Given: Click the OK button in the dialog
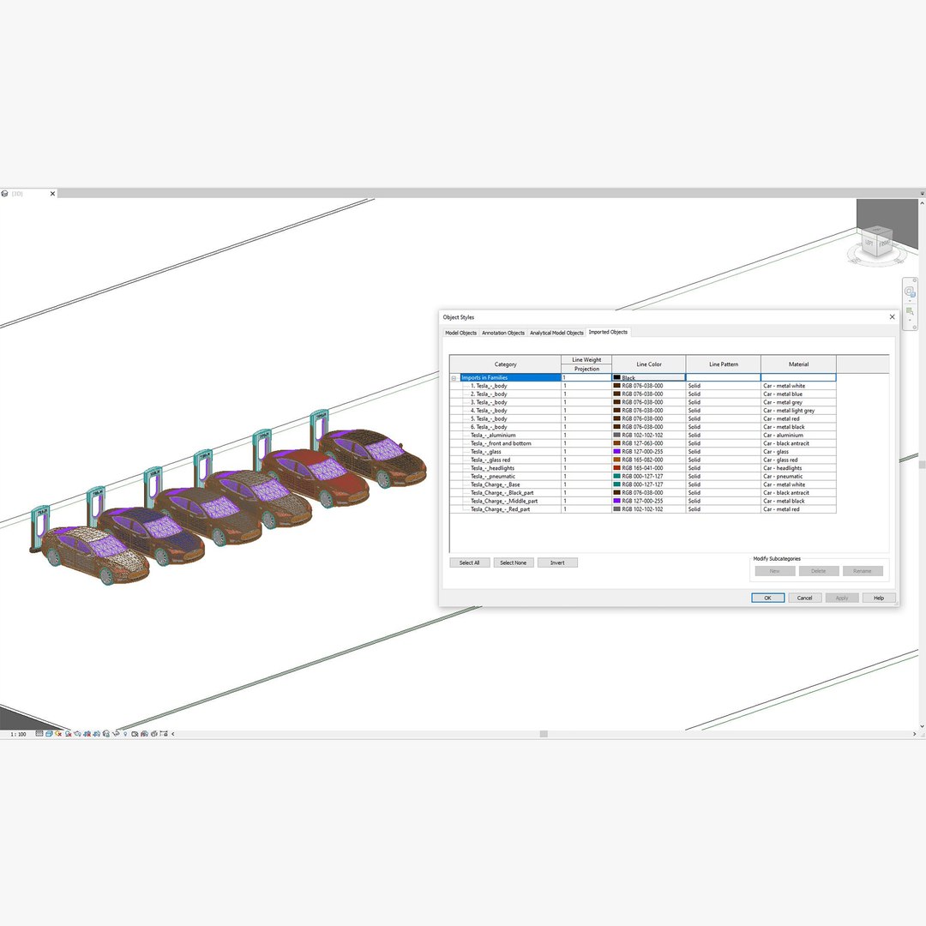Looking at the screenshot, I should [x=767, y=598].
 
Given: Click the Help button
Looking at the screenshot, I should [x=879, y=598].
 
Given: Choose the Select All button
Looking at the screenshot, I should [x=470, y=562].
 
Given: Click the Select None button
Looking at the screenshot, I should [x=513, y=562].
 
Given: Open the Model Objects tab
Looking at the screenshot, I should [x=460, y=333].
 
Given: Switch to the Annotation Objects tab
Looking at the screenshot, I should [x=503, y=333].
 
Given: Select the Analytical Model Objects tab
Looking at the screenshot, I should [x=556, y=333].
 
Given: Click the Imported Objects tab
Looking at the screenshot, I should [x=608, y=332].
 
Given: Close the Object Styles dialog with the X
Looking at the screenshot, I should [x=892, y=316].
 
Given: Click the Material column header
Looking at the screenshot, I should [x=798, y=364].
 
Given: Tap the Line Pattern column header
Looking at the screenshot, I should [x=723, y=364].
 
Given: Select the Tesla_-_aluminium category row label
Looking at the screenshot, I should [x=493, y=435].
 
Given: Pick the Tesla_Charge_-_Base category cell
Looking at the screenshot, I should [x=495, y=484].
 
